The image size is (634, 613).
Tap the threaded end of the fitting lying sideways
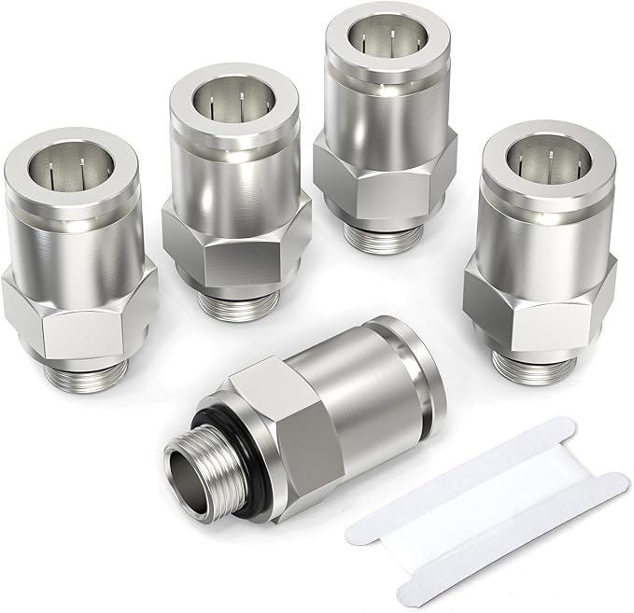tap(197, 462)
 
